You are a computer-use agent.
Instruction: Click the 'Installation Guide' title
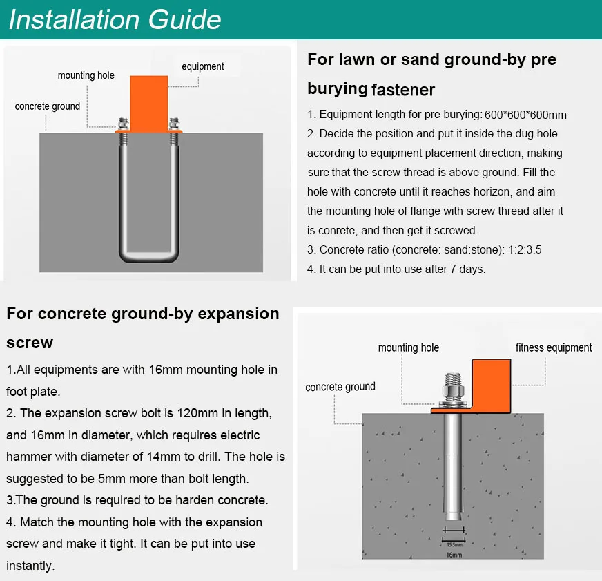[x=115, y=19]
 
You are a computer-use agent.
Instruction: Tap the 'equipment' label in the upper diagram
[x=203, y=66]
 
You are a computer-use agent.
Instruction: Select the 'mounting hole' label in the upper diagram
[x=86, y=75]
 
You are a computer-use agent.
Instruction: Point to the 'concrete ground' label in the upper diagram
[x=48, y=106]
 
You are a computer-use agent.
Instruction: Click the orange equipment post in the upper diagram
[x=149, y=104]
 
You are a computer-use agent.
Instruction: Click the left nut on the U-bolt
[x=123, y=124]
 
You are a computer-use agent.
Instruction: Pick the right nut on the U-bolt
[x=174, y=124]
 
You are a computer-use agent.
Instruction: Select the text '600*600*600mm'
[x=525, y=115]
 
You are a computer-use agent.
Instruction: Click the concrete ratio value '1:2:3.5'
[x=525, y=250]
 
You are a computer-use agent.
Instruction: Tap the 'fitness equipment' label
[x=554, y=347]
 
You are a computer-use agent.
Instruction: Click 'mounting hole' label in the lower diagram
[x=409, y=347]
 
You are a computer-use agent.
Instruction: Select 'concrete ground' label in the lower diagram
[x=340, y=387]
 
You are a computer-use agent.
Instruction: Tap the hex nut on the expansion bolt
[x=453, y=392]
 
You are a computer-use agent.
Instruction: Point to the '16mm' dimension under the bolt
[x=454, y=555]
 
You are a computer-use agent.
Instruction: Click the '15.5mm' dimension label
[x=454, y=545]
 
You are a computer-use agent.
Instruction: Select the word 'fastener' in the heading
[x=403, y=90]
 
